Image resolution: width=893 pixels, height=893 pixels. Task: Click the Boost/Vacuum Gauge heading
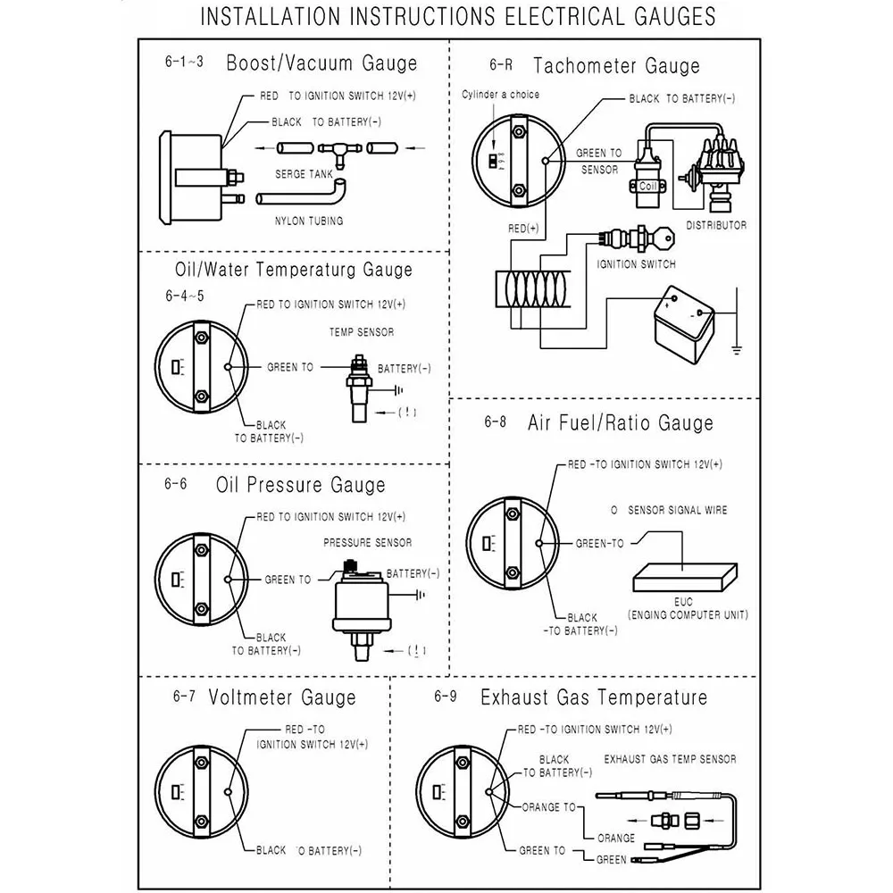point(321,63)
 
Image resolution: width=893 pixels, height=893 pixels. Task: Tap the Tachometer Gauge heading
point(616,65)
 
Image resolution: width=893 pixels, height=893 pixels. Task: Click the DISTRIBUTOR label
point(717,225)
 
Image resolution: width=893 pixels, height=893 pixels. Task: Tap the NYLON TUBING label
point(309,220)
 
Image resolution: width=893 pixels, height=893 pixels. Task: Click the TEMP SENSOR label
point(362,332)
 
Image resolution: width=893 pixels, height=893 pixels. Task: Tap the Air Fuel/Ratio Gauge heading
point(621,422)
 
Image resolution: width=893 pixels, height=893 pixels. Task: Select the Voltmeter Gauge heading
point(281,697)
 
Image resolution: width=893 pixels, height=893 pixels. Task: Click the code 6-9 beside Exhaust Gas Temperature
point(446,697)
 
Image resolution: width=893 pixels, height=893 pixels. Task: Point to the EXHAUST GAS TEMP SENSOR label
point(670,759)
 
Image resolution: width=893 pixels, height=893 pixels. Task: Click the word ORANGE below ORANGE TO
point(616,839)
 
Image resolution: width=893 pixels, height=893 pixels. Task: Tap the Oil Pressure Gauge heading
point(301,486)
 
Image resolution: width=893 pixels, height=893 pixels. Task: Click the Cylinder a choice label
point(501,94)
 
